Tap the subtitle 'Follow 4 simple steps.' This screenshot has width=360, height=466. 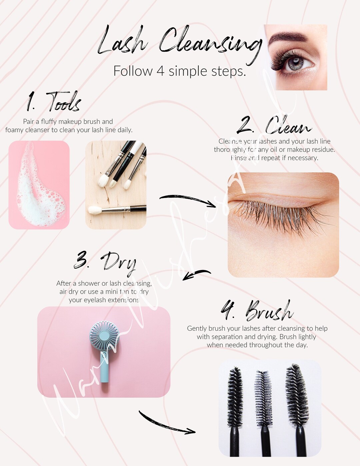click(x=179, y=71)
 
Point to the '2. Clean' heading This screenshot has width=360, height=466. click(x=274, y=126)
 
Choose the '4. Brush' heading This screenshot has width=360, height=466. click(x=257, y=310)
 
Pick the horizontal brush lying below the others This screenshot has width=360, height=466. click(x=117, y=209)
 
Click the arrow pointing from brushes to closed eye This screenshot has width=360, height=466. click(x=188, y=200)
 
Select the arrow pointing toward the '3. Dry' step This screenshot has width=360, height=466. click(x=197, y=274)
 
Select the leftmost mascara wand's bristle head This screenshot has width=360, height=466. click(x=235, y=397)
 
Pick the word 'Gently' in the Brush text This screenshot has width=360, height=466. click(x=197, y=328)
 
